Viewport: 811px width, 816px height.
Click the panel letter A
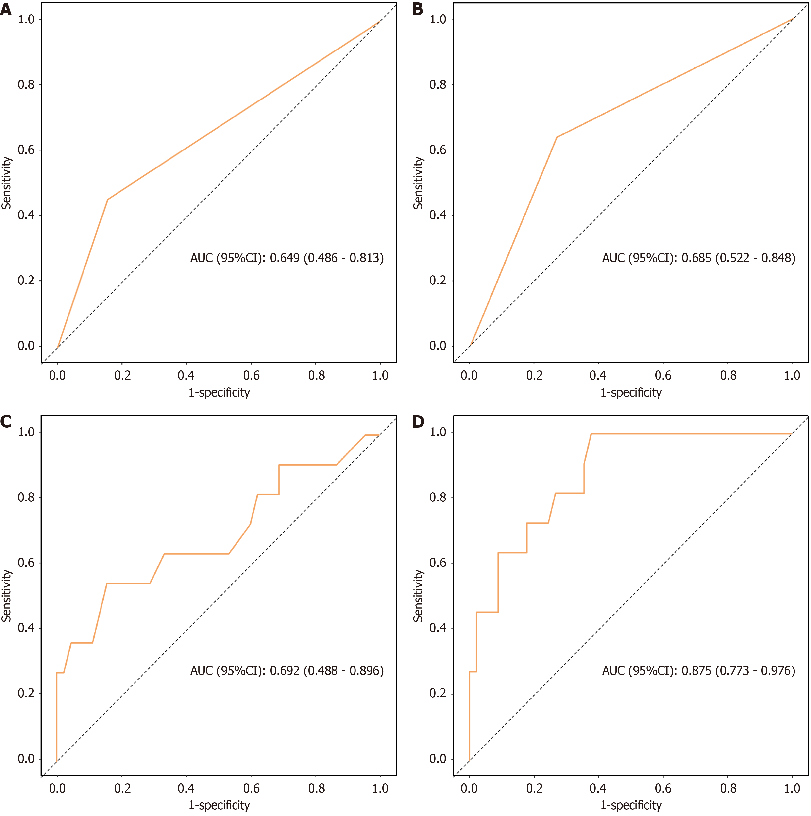(6, 8)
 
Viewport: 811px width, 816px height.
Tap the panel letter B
(418, 8)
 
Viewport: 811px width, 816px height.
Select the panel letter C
(6, 421)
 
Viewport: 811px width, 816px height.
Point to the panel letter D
(418, 421)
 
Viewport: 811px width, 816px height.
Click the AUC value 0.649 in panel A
(285, 258)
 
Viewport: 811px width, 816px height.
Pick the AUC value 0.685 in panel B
(696, 258)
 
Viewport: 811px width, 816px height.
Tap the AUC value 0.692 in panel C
(285, 671)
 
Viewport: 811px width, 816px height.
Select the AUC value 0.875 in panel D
(696, 671)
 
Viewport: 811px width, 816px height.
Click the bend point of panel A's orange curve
(108, 199)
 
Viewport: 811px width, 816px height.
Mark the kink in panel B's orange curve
(557, 137)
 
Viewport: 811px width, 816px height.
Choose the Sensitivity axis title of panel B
(418, 183)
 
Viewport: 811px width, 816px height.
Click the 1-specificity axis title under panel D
(631, 805)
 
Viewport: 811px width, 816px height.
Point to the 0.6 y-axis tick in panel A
(26, 150)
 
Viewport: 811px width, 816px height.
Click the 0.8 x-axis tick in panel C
(316, 788)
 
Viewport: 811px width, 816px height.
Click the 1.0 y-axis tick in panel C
(26, 432)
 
